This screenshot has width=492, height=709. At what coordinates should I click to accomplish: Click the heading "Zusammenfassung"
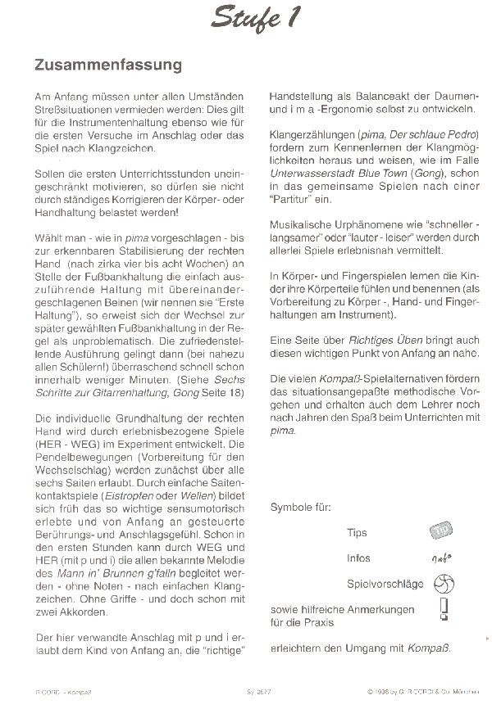(108, 63)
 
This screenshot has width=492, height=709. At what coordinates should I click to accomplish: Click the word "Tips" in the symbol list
(357, 533)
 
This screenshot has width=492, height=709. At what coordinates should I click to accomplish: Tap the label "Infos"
(358, 558)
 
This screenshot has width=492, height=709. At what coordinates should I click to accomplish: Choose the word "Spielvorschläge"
(385, 584)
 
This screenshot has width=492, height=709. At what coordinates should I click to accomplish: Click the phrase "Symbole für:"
(300, 508)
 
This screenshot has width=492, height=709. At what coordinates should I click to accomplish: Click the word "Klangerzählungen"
(311, 134)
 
